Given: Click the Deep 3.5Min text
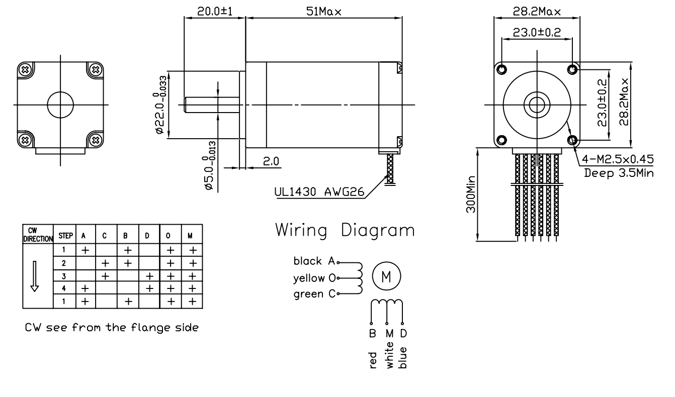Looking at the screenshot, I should pos(619,173).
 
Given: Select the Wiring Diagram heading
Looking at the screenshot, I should pos(345,231).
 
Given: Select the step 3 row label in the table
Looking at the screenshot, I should pos(64,276).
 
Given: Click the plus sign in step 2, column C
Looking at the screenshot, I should pos(106,263).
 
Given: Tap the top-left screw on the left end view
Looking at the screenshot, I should pos(24,69).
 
